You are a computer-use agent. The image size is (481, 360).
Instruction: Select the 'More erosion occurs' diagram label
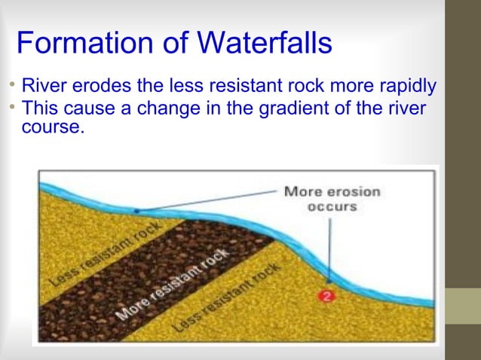pyautogui.click(x=332, y=199)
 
